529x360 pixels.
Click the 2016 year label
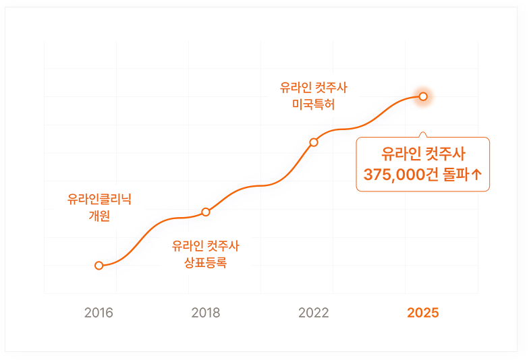tap(99, 313)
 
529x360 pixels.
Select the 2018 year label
tap(206, 313)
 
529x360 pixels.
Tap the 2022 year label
tap(314, 313)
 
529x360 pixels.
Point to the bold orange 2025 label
tap(423, 313)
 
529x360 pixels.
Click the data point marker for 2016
tap(99, 266)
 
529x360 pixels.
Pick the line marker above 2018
tap(206, 212)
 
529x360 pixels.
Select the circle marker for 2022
tap(314, 142)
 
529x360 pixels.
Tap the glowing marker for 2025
tap(423, 96)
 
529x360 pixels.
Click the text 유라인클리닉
tap(99, 199)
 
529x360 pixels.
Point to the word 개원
tap(99, 216)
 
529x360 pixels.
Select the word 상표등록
tap(206, 263)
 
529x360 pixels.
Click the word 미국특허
tap(314, 105)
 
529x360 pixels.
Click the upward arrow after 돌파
tap(476, 175)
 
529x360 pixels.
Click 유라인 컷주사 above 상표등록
tap(206, 246)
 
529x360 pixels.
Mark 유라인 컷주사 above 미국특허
tap(314, 88)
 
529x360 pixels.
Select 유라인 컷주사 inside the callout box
tap(423, 152)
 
